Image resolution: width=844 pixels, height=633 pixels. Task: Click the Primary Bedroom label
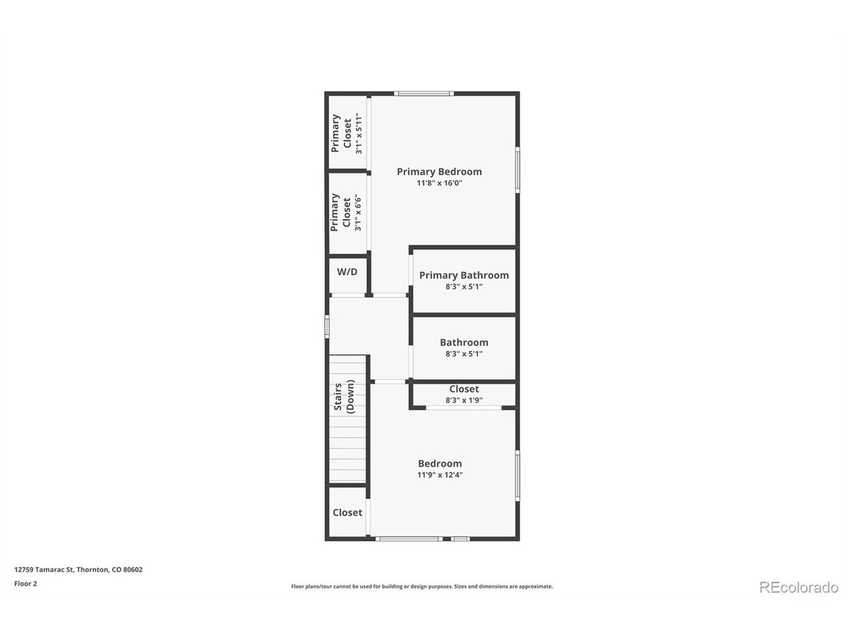pyautogui.click(x=439, y=172)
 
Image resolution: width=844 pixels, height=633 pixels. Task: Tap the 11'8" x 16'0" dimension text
pyautogui.click(x=439, y=183)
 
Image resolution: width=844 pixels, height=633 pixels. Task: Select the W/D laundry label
pyautogui.click(x=347, y=272)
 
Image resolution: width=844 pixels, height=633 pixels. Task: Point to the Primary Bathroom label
pyautogui.click(x=464, y=275)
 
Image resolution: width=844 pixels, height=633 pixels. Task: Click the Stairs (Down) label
pyautogui.click(x=344, y=397)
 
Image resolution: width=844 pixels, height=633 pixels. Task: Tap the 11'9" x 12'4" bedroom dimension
pyautogui.click(x=440, y=475)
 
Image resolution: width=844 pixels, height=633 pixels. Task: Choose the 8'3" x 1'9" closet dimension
pyautogui.click(x=464, y=400)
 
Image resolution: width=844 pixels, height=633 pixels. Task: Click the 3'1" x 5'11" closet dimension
pyautogui.click(x=359, y=133)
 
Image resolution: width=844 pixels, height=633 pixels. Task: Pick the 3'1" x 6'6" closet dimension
pyautogui.click(x=358, y=213)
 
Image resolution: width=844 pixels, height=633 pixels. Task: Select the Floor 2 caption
pyautogui.click(x=25, y=584)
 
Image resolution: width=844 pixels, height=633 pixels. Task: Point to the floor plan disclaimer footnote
pyautogui.click(x=422, y=586)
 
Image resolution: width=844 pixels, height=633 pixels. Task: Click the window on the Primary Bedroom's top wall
pyautogui.click(x=424, y=94)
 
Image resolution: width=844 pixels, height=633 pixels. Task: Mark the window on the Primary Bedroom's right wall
pyautogui.click(x=518, y=170)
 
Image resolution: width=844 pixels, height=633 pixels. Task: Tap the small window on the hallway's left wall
pyautogui.click(x=327, y=326)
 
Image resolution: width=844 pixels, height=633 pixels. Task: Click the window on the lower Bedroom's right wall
pyautogui.click(x=518, y=476)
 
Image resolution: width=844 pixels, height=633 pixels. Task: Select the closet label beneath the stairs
pyautogui.click(x=347, y=513)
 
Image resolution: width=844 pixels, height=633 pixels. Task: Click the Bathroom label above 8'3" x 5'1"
pyautogui.click(x=464, y=342)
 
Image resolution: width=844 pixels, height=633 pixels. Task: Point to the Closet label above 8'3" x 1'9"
pyautogui.click(x=464, y=389)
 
